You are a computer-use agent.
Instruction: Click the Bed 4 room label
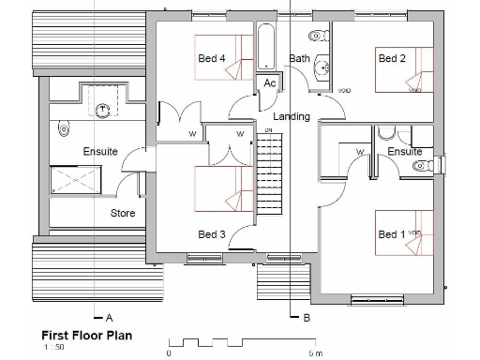pos(212,59)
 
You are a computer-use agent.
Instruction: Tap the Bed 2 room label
pos(392,58)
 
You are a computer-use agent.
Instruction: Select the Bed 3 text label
pos(212,233)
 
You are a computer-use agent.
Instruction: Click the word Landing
pos(291,116)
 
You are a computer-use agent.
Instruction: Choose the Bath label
pos(299,58)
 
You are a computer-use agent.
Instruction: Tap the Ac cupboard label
pos(269,83)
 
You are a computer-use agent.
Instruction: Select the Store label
pos(123,214)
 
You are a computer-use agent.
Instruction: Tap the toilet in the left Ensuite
pos(64,127)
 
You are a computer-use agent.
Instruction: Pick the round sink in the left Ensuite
pos(101,109)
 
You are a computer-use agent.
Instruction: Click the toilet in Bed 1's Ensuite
pos(422,167)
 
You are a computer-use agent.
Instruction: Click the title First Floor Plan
pos(86,334)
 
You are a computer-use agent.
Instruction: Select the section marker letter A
pos(110,318)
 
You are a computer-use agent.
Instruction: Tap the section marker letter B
pos(307,318)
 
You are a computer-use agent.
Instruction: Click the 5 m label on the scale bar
pos(315,353)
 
